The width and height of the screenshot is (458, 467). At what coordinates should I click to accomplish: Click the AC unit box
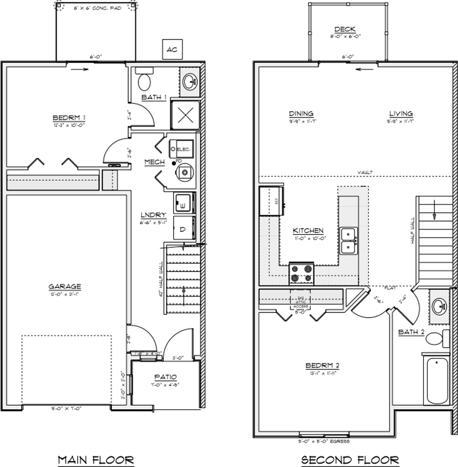pyautogui.click(x=171, y=49)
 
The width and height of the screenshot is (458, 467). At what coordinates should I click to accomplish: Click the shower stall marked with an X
pyautogui.click(x=185, y=115)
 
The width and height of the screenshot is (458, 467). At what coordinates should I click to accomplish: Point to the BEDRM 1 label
pyautogui.click(x=69, y=117)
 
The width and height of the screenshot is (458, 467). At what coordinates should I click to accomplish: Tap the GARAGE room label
pyautogui.click(x=65, y=287)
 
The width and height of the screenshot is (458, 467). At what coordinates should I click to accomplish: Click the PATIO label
pyautogui.click(x=166, y=377)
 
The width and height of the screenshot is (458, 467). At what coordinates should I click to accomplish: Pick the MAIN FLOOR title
pyautogui.click(x=95, y=459)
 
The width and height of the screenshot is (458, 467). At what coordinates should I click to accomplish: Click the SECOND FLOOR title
pyautogui.click(x=350, y=459)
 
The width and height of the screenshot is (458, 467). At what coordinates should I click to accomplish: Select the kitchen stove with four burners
pyautogui.click(x=302, y=274)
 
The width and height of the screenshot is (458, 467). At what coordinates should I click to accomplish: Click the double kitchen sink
pyautogui.click(x=349, y=241)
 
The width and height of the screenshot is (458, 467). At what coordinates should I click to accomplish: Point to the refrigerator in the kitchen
pyautogui.click(x=271, y=200)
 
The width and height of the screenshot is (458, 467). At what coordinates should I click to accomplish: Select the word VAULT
pyautogui.click(x=365, y=172)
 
